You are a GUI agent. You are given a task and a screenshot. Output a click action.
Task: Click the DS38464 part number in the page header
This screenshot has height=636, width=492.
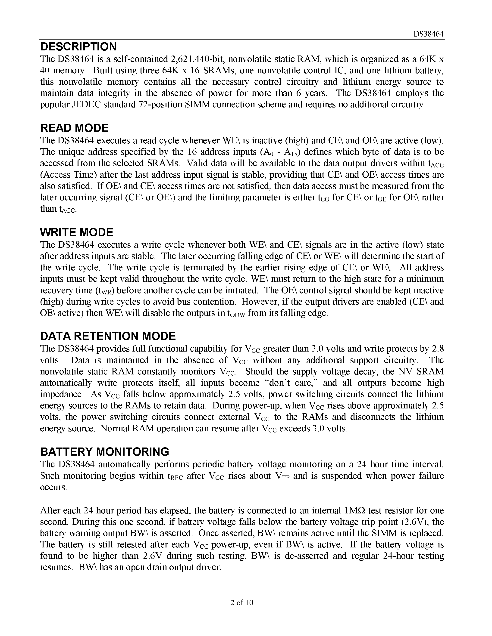point(429,34)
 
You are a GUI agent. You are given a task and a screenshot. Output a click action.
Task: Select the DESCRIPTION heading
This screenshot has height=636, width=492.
point(78,46)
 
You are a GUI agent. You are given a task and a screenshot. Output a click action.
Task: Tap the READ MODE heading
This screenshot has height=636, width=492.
point(74,128)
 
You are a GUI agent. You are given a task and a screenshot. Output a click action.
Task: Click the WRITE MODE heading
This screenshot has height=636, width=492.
point(77,232)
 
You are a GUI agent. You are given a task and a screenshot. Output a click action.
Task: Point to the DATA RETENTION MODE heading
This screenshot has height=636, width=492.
point(108,336)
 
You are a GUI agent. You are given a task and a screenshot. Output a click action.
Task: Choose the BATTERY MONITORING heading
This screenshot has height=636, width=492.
point(105,452)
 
